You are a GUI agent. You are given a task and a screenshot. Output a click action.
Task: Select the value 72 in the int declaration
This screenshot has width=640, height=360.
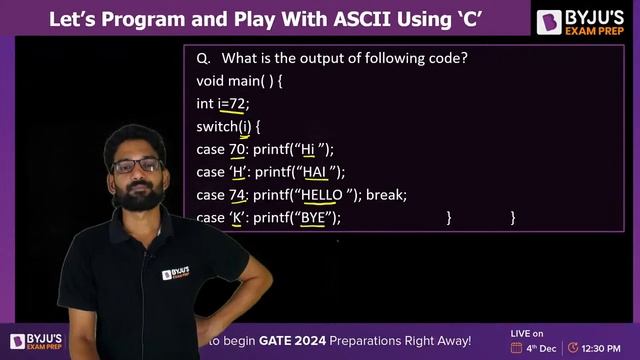(x=236, y=103)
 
